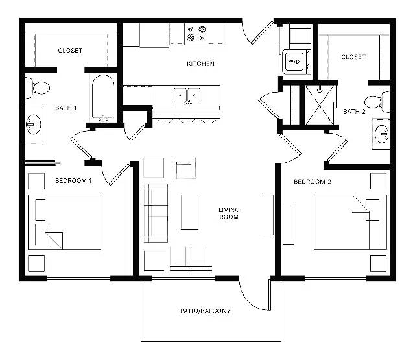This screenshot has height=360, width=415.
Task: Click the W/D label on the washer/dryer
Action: tap(294, 62)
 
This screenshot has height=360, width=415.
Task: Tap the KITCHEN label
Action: tap(200, 64)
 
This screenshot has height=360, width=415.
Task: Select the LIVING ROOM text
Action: tap(229, 213)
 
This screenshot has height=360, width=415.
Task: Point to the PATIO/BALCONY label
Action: tap(205, 311)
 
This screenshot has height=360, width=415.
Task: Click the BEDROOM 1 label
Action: tap(73, 181)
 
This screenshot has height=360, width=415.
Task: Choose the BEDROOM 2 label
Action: tap(313, 182)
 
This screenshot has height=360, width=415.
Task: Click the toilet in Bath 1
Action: tap(38, 88)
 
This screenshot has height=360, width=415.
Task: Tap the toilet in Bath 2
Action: tap(377, 102)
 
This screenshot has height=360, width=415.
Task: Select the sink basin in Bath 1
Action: tap(33, 125)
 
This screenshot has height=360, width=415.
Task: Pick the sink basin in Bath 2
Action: tap(382, 134)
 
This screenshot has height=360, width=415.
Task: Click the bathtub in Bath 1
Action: tap(103, 97)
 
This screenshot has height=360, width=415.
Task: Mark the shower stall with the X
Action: tap(320, 104)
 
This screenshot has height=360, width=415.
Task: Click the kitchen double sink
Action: tap(187, 95)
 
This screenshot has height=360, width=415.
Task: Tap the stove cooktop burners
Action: tap(196, 33)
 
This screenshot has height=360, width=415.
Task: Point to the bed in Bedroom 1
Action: tap(64, 222)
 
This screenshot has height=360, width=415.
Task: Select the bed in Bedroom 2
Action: tap(350, 222)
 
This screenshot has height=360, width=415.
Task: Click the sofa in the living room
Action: tap(156, 213)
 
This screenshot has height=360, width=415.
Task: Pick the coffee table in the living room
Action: tap(190, 212)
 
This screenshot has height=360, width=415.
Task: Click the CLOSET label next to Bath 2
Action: tap(353, 57)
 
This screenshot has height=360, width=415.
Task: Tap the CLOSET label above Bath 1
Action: tap(70, 51)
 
